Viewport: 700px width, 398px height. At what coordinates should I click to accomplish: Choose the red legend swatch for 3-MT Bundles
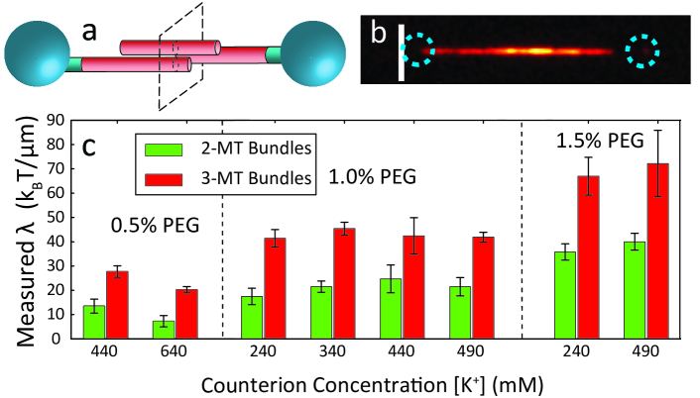click(x=159, y=177)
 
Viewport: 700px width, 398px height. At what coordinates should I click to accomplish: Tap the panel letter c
click(x=89, y=146)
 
